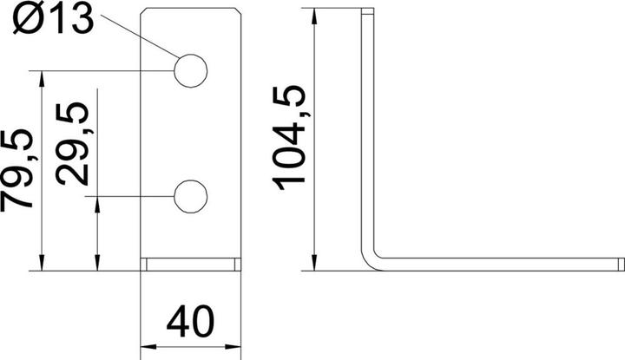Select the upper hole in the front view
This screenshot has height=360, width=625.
(191, 70)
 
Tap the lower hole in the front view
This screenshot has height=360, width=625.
(191, 197)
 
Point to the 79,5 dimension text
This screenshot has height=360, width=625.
(19, 170)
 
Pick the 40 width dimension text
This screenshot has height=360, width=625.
(191, 323)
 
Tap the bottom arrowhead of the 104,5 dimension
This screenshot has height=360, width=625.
(313, 261)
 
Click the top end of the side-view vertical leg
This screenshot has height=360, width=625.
(367, 12)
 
